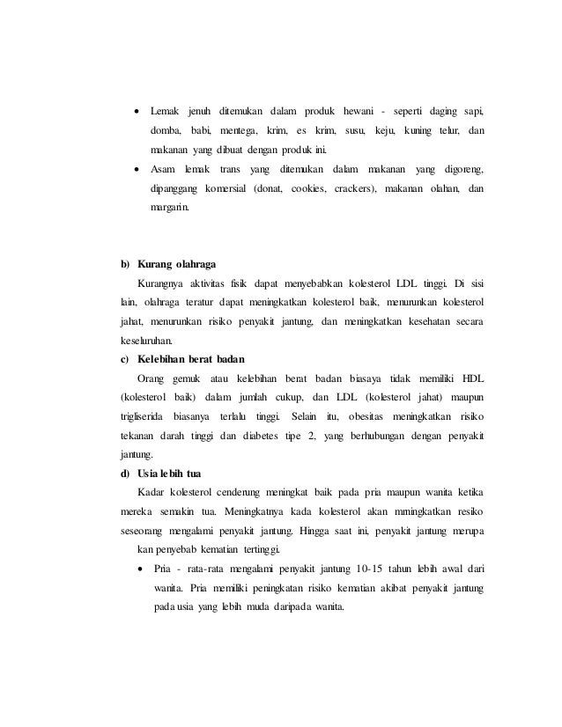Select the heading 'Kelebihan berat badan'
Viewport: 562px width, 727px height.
[191, 358]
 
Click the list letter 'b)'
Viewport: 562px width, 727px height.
[125, 264]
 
